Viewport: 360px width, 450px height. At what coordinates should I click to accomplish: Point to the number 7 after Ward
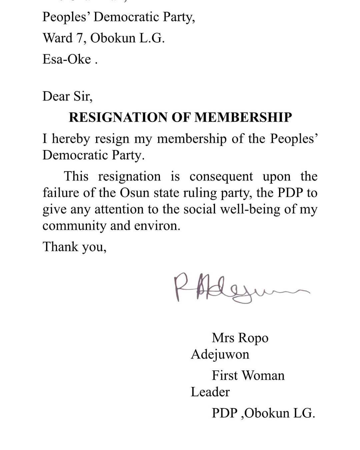[80, 38]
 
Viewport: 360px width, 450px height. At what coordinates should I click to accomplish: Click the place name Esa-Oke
[67, 59]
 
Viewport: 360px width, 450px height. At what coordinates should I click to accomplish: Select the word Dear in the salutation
[56, 96]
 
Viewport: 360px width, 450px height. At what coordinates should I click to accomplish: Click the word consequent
[221, 176]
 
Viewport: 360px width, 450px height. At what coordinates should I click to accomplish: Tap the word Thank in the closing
[60, 247]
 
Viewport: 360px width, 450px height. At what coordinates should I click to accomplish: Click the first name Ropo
[253, 338]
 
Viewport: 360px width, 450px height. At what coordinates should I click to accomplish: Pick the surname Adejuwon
[220, 354]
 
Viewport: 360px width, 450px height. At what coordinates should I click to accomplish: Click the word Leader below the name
[210, 392]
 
